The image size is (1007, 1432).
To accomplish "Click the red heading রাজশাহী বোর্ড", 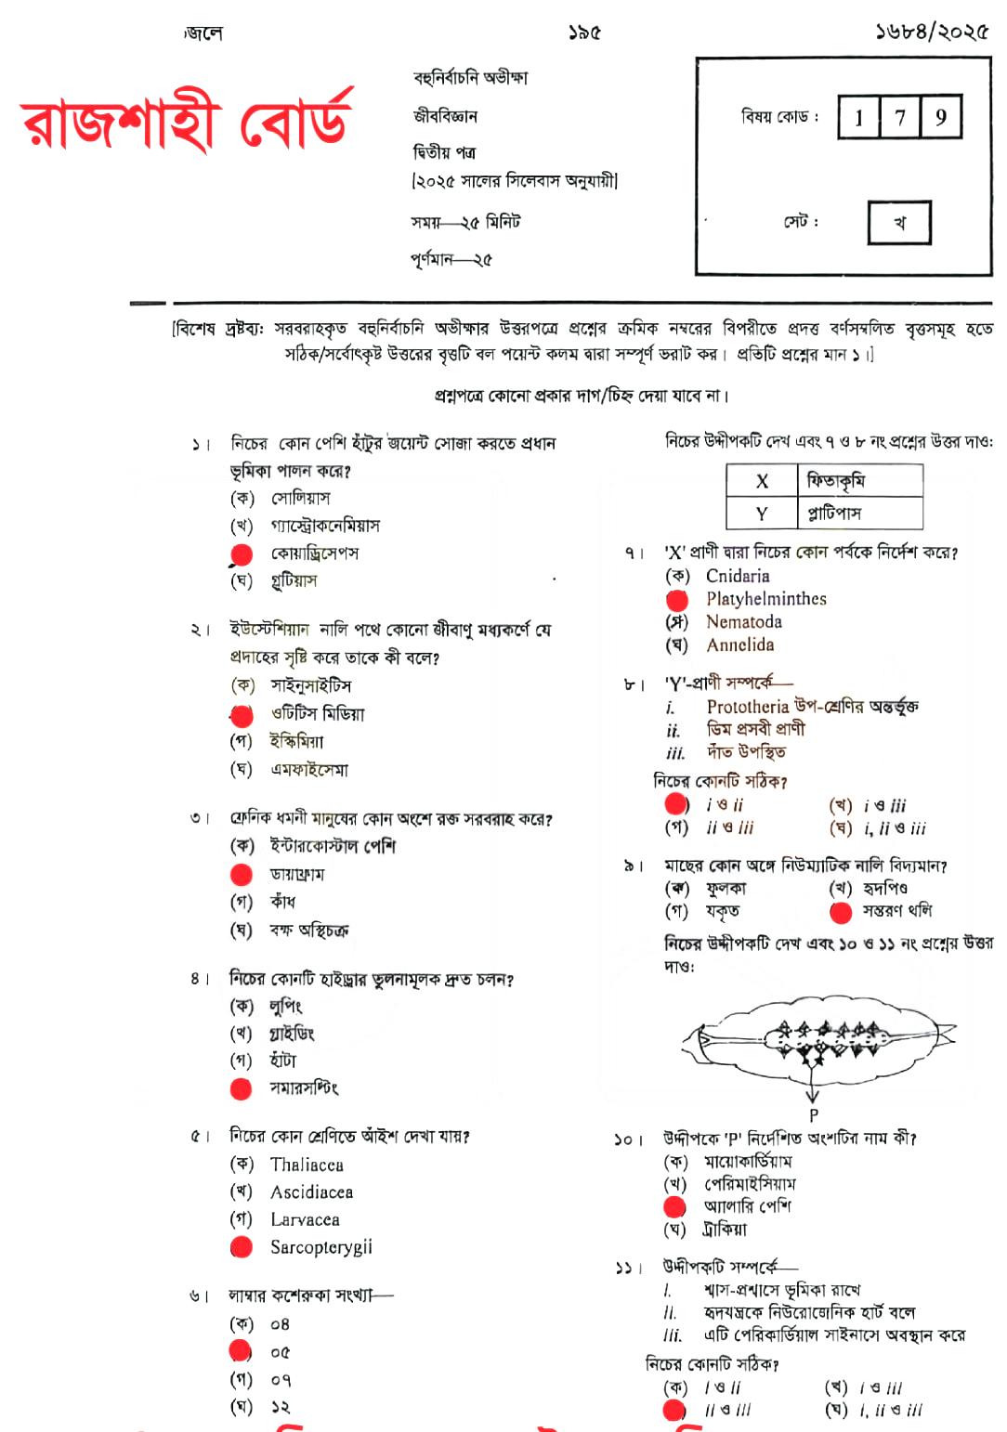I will coord(186,124).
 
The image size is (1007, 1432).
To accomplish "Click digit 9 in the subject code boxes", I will coord(940,117).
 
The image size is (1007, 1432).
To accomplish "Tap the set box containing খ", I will coord(898,223).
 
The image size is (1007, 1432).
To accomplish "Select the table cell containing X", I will coord(762,480).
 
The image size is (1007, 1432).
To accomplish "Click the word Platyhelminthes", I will coord(765,599).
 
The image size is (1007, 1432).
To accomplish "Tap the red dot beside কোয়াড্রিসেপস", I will coord(242,554).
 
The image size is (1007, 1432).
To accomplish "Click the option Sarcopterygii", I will coord(320,1247).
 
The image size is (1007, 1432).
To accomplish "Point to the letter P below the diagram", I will coord(813,1115).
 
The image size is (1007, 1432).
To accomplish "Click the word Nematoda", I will coord(743,622).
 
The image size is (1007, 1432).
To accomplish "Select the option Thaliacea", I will coord(307,1165).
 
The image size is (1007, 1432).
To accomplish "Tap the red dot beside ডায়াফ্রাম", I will coord(242,874).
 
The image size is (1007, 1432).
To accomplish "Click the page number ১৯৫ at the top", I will coord(584,33).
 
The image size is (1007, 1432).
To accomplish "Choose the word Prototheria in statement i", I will coord(748,707).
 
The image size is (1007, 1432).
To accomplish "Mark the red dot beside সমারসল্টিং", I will coord(241,1088).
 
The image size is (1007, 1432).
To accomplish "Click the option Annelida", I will coord(739,645).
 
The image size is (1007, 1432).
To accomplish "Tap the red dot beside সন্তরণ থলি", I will coord(841,913).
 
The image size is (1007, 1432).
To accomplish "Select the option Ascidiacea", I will coord(311,1192).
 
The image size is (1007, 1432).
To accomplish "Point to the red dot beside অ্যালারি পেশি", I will coord(674,1206).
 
